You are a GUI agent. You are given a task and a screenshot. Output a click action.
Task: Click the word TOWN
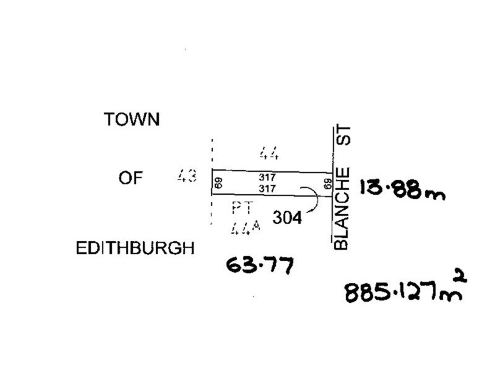[132, 119]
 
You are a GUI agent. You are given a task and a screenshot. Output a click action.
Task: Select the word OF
[131, 178]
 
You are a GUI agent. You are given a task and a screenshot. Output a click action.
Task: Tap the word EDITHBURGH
[135, 248]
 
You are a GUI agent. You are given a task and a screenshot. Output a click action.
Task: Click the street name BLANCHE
[342, 208]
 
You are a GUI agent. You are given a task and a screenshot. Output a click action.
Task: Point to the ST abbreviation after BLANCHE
[343, 135]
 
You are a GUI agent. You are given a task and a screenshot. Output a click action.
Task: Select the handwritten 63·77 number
[260, 265]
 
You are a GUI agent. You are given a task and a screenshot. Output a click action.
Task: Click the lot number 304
[287, 218]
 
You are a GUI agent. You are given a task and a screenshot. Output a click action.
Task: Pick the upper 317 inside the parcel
[267, 177]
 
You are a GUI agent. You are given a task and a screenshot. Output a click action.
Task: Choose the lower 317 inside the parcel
[267, 189]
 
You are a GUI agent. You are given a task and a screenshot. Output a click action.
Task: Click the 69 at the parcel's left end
[218, 183]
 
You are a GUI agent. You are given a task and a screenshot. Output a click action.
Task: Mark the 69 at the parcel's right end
[329, 184]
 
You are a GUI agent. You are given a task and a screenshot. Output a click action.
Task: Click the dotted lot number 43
[187, 176]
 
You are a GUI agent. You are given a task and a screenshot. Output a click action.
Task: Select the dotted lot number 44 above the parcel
[269, 153]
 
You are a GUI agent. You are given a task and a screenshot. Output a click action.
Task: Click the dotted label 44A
[246, 227]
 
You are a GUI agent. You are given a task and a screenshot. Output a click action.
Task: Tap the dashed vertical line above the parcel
[212, 153]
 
